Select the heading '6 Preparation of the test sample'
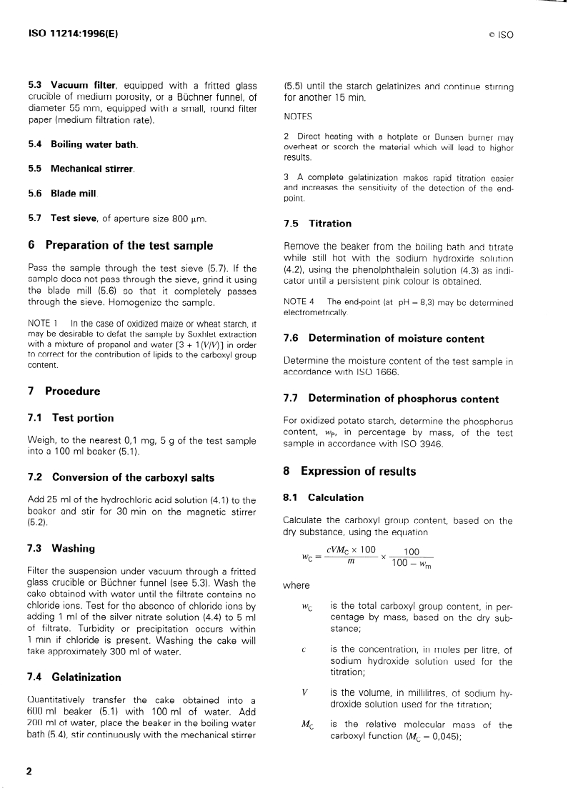click(x=120, y=245)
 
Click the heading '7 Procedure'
click(x=64, y=391)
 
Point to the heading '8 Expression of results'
click(x=349, y=472)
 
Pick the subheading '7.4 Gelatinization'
click(x=74, y=677)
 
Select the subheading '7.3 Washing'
click(x=64, y=549)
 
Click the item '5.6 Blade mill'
click(x=62, y=193)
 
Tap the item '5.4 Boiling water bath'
click(x=83, y=144)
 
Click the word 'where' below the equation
click(x=297, y=586)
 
